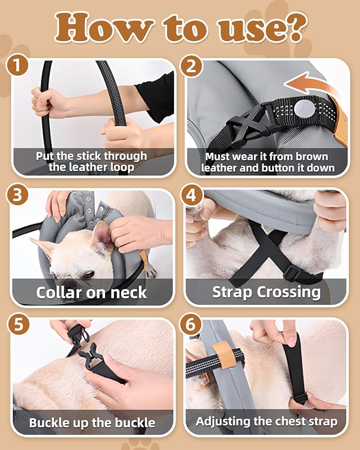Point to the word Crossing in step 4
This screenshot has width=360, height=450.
[289, 292]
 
